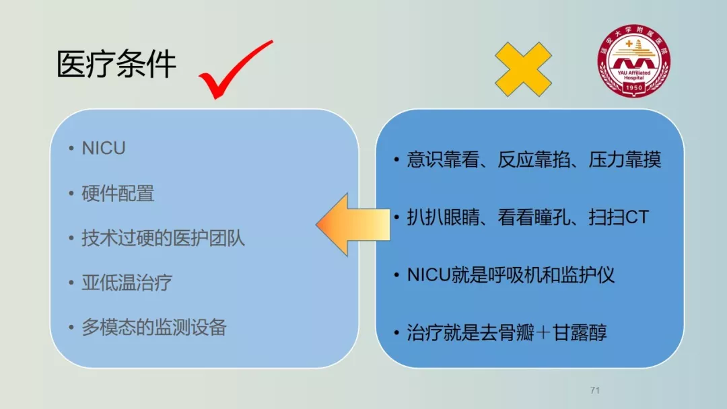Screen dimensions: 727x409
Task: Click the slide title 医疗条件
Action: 116,64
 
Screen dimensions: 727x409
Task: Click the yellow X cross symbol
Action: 523,69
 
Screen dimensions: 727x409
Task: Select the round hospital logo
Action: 634,61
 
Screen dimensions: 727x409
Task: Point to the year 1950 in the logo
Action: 634,87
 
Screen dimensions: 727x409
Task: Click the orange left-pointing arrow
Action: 353,225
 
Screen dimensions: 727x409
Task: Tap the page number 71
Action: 595,390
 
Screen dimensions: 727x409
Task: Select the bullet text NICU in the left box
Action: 104,148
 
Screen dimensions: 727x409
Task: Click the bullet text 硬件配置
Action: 118,193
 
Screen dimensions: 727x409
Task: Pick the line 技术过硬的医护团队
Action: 163,238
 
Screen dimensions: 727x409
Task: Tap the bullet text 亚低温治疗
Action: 127,283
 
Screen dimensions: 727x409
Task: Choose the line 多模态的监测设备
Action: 154,327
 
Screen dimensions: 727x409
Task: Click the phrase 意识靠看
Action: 443,159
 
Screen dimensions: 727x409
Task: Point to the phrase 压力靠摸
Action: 625,159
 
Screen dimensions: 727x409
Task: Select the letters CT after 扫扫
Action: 637,217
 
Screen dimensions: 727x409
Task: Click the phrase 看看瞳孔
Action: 534,217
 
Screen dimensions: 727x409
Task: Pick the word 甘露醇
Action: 580,332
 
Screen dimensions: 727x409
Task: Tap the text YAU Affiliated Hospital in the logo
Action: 634,75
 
